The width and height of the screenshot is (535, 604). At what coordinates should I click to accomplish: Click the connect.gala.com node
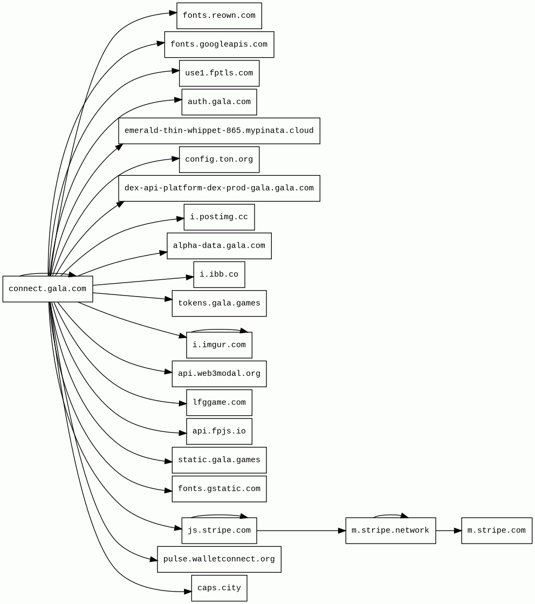[x=47, y=289]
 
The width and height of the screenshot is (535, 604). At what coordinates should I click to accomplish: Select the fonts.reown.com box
[x=219, y=16]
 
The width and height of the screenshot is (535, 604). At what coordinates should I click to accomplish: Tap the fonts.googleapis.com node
[x=219, y=44]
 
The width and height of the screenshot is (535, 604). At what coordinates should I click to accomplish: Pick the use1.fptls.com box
[x=219, y=73]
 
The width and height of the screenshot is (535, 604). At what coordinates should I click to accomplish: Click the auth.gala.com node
[x=219, y=102]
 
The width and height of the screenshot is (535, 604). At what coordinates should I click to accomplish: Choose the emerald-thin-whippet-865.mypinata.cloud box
[x=219, y=131]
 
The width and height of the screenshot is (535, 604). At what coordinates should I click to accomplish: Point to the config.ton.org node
[x=219, y=160]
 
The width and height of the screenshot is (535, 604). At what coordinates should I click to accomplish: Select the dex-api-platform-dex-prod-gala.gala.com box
[x=219, y=188]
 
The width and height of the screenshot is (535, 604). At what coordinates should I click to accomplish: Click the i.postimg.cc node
[x=219, y=217]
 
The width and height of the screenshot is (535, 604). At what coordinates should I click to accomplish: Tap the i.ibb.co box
[x=219, y=274]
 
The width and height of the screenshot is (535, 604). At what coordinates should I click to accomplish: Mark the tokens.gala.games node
[x=219, y=303]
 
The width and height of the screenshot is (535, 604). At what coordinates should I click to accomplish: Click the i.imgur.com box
[x=219, y=345]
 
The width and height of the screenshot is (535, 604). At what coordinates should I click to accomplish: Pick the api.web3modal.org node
[x=219, y=374]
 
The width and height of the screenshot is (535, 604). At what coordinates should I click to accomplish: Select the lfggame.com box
[x=219, y=402]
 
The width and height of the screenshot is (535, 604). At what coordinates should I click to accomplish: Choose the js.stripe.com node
[x=219, y=531]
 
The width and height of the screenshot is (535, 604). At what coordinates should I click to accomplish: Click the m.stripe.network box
[x=390, y=531]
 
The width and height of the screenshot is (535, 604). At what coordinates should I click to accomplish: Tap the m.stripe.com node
[x=496, y=531]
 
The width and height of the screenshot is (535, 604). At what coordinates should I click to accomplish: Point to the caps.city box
[x=219, y=588]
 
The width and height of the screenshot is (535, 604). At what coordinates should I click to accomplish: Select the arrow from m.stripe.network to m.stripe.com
[x=448, y=531]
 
